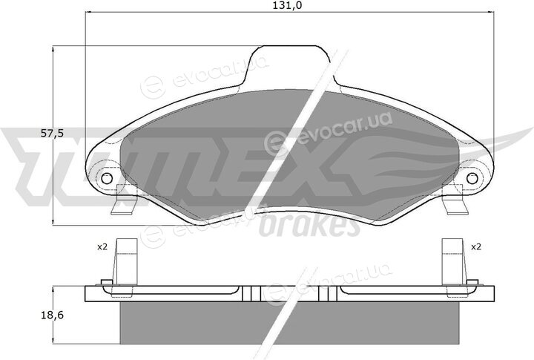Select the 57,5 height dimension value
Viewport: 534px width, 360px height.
[52, 134]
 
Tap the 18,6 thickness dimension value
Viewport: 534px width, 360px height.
[52, 315]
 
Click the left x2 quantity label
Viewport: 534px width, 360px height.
[102, 247]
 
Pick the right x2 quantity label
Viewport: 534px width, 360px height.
[475, 247]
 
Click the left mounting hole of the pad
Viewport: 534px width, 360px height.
[107, 178]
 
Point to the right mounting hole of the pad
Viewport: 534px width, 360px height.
[472, 178]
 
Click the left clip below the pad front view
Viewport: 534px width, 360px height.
[125, 200]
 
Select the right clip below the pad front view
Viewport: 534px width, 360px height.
[455, 200]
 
